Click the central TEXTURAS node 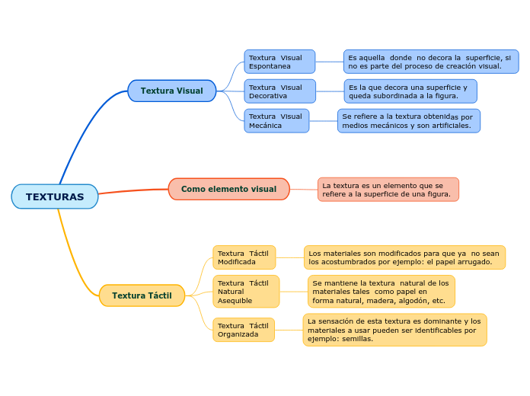pos(55,196)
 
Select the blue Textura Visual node pos(171,91)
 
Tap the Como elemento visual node pos(228,189)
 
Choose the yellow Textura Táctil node pos(142,295)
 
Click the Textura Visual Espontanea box pos(279,62)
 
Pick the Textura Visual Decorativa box pos(279,91)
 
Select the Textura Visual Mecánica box pos(276,120)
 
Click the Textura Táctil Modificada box pos(244,257)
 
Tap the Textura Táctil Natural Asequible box pos(245,292)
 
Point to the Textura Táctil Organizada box pos(243,330)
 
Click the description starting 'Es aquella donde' pos(430,62)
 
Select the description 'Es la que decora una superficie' pos(410,91)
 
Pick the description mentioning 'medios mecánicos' pos(408,120)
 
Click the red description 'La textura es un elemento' pos(388,190)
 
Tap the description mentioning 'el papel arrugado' pos(404,257)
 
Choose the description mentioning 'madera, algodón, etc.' pos(381,292)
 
